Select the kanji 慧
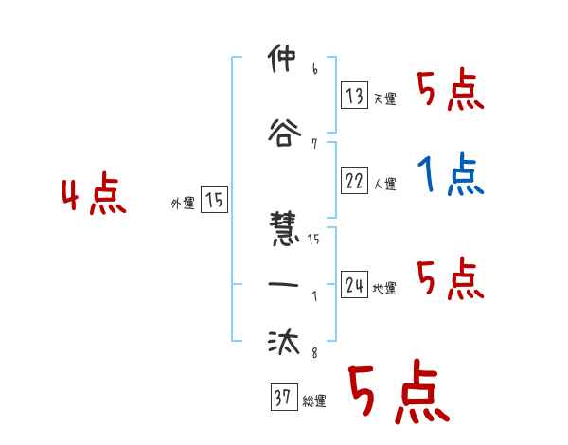tap(282, 231)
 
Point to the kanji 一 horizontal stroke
tap(282, 284)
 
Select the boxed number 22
tap(354, 182)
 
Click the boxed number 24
tap(354, 285)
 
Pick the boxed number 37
tap(281, 398)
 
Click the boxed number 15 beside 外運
tap(214, 200)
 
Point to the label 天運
tap(384, 98)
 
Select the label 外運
tap(182, 204)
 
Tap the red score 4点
tap(93, 195)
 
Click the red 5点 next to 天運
tap(450, 89)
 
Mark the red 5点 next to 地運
tap(450, 278)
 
